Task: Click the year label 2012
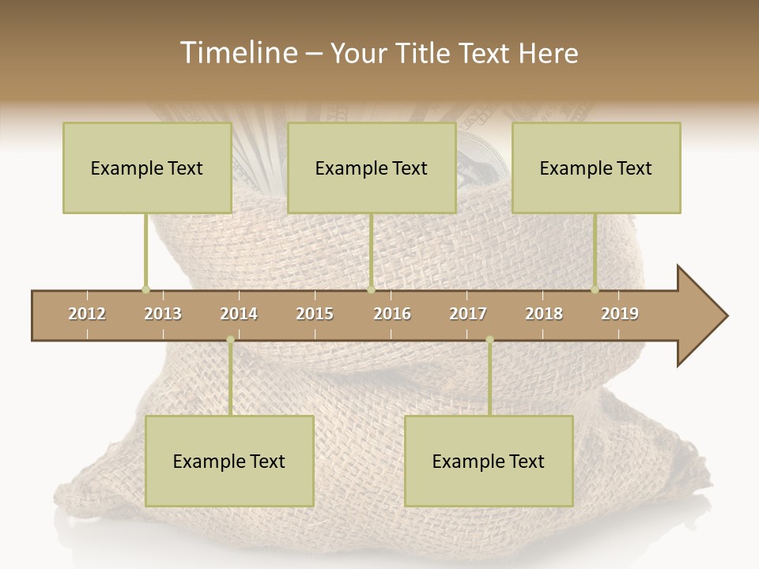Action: [87, 314]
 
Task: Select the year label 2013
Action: [163, 314]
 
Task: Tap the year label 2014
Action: [239, 314]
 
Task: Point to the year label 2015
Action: [315, 314]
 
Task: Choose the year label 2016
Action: [392, 314]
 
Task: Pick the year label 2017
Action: [468, 314]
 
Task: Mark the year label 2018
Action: [544, 314]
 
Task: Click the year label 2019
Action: [620, 314]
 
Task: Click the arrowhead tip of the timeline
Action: [726, 316]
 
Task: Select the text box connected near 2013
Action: [147, 168]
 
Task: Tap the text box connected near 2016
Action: [372, 168]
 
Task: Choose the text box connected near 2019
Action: [596, 168]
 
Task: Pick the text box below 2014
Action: [229, 461]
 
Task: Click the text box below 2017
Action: [489, 461]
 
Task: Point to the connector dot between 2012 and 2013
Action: [145, 289]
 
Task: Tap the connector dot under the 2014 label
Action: [230, 340]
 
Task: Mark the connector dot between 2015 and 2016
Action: [371, 289]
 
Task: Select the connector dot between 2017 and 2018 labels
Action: [489, 340]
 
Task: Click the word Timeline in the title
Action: [236, 53]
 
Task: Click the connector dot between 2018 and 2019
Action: [595, 289]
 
